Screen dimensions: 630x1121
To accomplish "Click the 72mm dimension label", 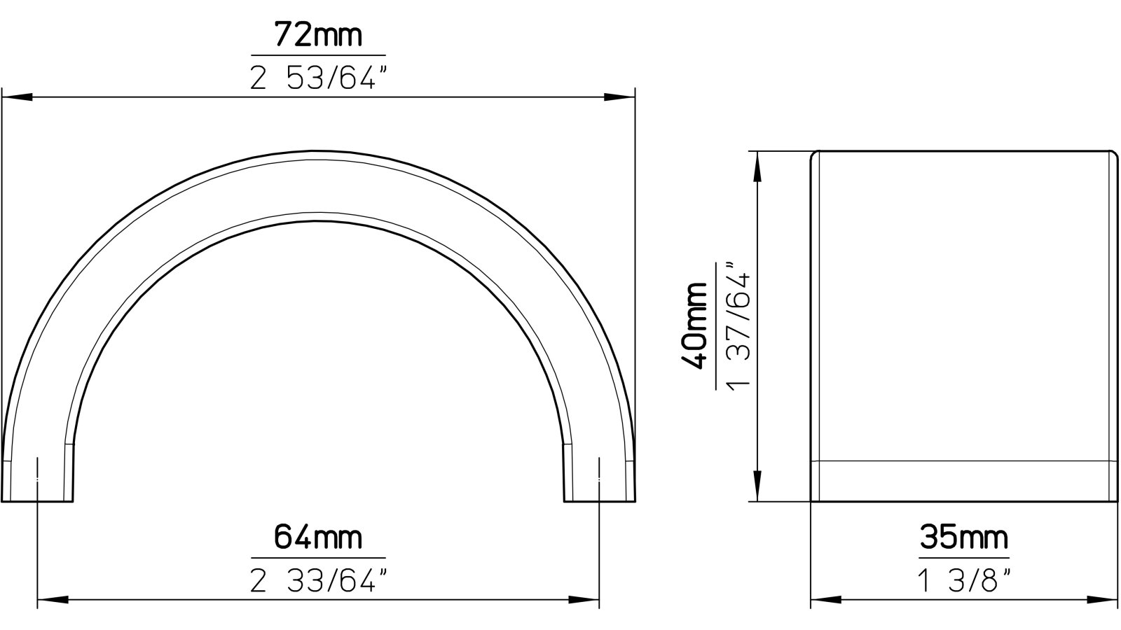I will [318, 34].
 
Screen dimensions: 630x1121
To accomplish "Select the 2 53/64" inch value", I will [318, 78].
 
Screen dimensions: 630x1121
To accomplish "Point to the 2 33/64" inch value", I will [318, 580].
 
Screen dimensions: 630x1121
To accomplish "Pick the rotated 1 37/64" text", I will [740, 325].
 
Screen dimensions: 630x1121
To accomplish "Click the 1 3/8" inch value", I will [964, 580].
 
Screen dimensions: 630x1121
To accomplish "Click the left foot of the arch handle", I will [38, 483].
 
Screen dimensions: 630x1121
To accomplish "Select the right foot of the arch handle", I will [600, 483].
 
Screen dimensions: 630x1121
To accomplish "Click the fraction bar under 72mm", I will [318, 55].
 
